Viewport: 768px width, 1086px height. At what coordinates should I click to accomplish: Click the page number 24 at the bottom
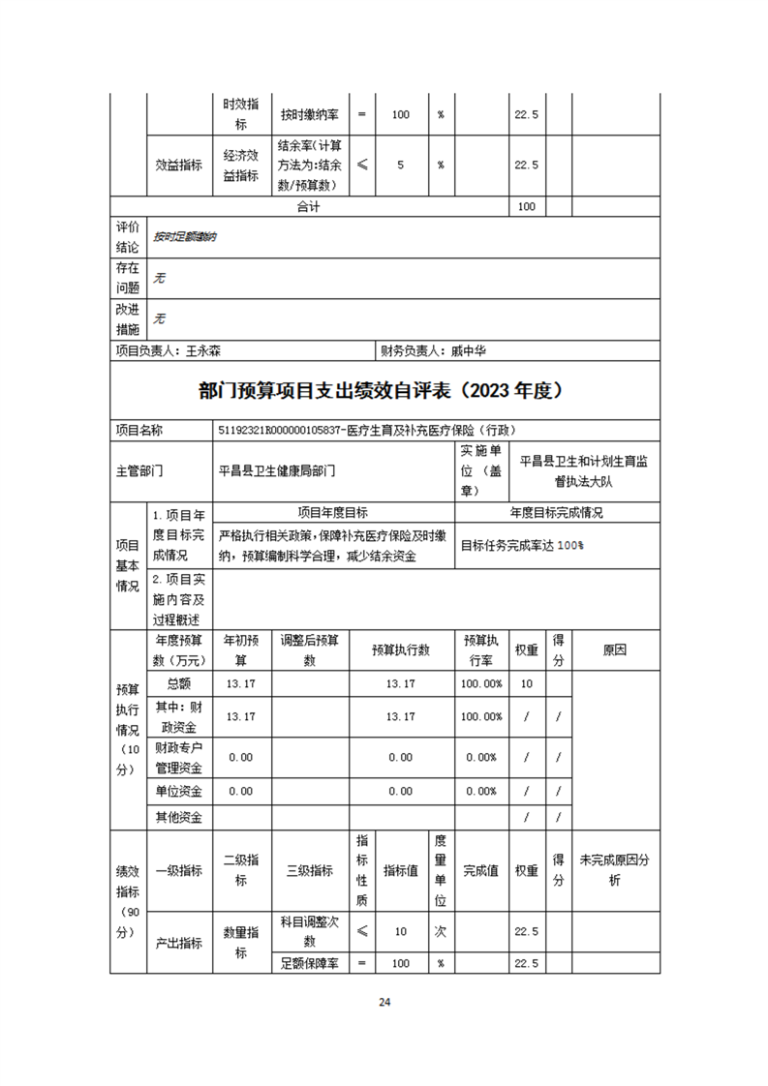coord(384,1002)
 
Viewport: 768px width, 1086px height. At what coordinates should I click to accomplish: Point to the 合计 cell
coord(308,207)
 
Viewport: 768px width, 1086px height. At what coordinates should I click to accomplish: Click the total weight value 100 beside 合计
coord(527,207)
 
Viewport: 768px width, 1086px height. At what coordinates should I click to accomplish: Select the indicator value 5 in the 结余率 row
coord(400,165)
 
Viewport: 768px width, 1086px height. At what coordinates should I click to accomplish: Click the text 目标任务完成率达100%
coord(522,545)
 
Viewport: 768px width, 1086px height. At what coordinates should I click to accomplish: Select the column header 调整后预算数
coord(310,649)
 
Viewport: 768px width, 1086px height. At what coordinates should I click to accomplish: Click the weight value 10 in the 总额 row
coord(527,683)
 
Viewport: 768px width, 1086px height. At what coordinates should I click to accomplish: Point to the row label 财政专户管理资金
coord(179,758)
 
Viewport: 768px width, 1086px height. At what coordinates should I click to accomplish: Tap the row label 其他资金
coord(179,817)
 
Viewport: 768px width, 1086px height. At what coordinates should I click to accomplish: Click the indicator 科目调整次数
coord(310,931)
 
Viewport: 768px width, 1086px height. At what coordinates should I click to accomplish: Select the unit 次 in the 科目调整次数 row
coord(440,931)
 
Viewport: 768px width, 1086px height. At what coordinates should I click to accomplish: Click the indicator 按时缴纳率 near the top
coord(310,114)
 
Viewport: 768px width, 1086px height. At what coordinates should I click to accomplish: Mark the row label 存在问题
coord(128,278)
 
